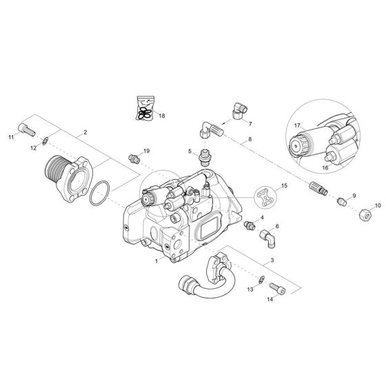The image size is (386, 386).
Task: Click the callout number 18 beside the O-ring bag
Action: click(x=162, y=116)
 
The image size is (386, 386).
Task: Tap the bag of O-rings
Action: click(x=145, y=108)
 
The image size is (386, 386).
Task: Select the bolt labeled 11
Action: click(x=27, y=130)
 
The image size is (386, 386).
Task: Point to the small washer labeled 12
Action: click(x=45, y=141)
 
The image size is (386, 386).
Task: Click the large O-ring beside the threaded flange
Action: click(x=99, y=193)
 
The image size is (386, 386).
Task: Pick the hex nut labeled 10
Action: click(x=365, y=214)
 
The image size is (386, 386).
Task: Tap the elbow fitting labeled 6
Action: click(x=268, y=238)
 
